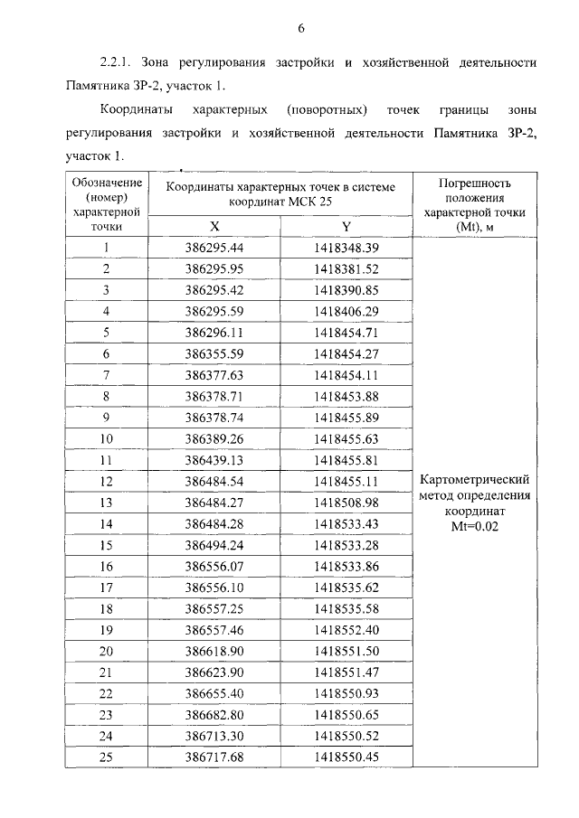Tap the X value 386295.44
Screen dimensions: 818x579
tap(214, 248)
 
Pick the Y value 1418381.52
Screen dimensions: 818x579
tap(346, 269)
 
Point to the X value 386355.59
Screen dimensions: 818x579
tap(214, 353)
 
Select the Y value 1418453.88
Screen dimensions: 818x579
tap(346, 396)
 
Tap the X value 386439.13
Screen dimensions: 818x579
tap(214, 459)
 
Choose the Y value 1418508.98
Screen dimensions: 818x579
tap(346, 502)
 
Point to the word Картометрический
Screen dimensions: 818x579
tap(474, 480)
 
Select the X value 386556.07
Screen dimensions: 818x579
tap(214, 566)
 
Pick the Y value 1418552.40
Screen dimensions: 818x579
tap(346, 629)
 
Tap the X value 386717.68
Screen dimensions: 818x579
tap(214, 757)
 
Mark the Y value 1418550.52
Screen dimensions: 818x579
tap(346, 736)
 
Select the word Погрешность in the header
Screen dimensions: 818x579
tap(474, 182)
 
